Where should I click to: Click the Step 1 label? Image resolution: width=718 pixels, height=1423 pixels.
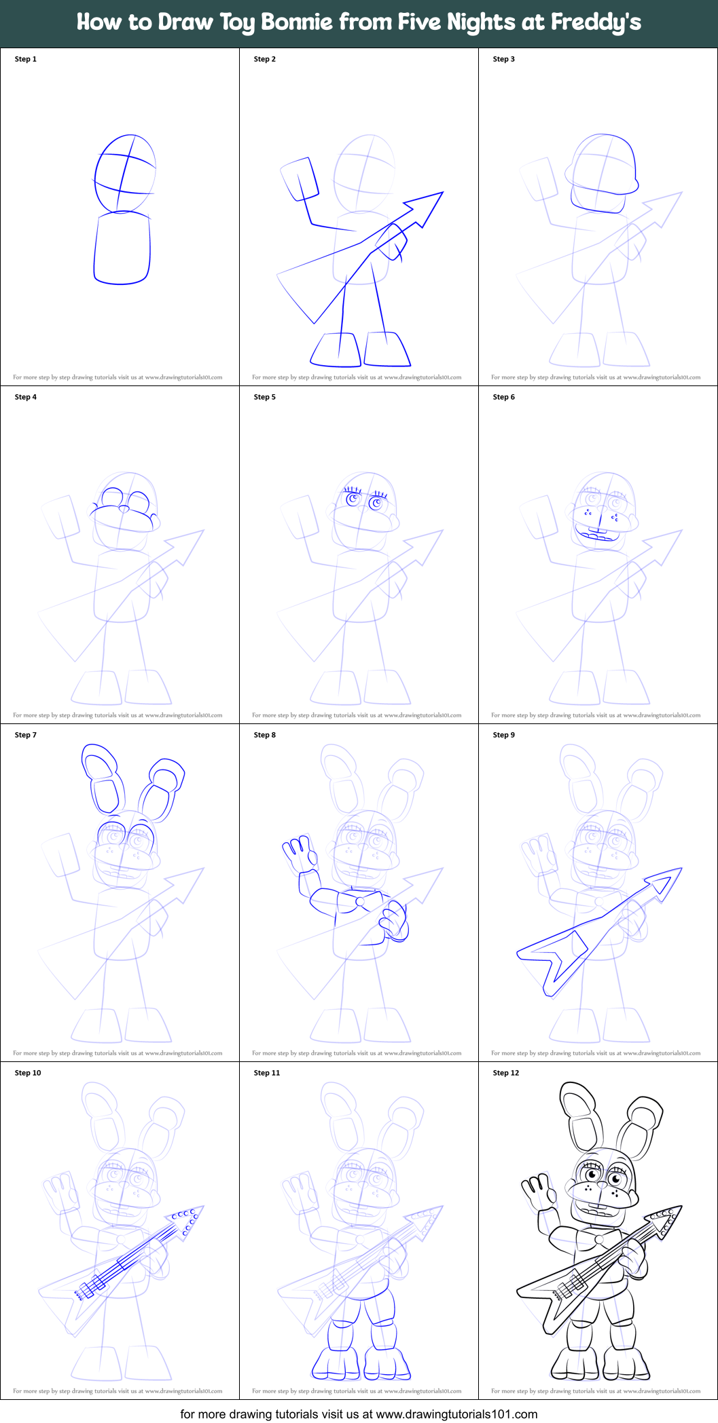[26, 59]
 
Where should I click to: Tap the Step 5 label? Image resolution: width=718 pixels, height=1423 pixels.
[265, 397]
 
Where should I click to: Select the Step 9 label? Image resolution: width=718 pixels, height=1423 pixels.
[504, 735]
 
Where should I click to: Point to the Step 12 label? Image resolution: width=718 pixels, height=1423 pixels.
[506, 1073]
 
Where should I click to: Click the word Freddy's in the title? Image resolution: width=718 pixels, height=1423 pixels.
[596, 22]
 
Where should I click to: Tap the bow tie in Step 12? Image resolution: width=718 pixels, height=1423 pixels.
[598, 1239]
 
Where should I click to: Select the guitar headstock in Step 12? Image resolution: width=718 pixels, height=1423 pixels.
[664, 1218]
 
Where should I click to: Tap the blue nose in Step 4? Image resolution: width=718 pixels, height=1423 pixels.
[124, 509]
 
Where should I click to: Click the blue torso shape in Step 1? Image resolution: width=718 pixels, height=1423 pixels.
[122, 248]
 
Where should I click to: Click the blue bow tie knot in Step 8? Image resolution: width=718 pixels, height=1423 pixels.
[359, 902]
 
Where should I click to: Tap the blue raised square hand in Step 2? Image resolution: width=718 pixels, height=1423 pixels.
[300, 179]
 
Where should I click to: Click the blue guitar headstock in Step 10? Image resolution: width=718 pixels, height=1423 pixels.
[186, 1219]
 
